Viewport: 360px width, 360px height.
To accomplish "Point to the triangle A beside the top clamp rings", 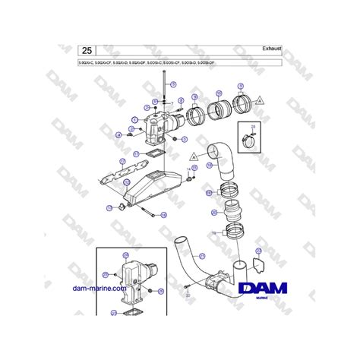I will [261, 99].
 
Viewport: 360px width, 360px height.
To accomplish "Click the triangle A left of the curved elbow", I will [194, 155].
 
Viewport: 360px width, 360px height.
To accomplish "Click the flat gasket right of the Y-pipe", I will [257, 267].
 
